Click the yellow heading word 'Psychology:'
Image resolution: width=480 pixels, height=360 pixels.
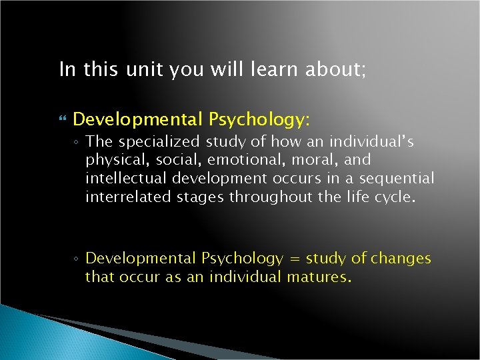pyautogui.click(x=259, y=119)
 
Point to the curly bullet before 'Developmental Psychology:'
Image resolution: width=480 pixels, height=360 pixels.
pyautogui.click(x=63, y=120)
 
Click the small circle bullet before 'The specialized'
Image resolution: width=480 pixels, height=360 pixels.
pyautogui.click(x=78, y=143)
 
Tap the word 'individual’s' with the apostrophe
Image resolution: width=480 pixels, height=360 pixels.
pyautogui.click(x=377, y=141)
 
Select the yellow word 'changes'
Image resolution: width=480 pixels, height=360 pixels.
pyautogui.click(x=401, y=258)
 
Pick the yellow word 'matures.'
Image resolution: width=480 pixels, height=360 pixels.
pyautogui.click(x=319, y=277)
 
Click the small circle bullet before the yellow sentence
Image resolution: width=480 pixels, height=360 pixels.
pyautogui.click(x=78, y=259)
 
